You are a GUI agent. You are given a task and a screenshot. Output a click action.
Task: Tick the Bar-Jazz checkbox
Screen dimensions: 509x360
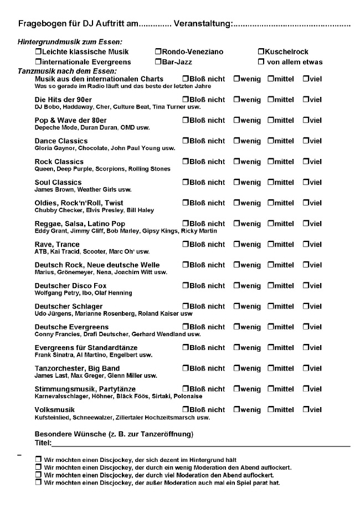click(158, 61)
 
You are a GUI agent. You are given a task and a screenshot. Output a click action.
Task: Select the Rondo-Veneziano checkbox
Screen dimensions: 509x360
click(158, 52)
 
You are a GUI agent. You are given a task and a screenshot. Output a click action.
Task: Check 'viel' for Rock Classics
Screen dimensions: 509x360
click(306, 162)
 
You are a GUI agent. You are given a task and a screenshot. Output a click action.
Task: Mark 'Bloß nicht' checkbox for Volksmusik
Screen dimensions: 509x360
click(186, 410)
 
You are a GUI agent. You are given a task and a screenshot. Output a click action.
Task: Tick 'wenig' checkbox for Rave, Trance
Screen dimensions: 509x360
click(236, 244)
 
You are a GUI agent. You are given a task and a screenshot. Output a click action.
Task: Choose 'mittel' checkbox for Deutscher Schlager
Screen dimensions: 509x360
click(270, 306)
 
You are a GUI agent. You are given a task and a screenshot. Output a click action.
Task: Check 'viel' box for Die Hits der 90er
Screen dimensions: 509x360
click(306, 100)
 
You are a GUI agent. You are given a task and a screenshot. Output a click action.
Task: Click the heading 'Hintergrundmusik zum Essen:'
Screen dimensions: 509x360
click(70, 42)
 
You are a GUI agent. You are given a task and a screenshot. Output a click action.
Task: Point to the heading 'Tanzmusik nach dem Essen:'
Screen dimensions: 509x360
click(67, 71)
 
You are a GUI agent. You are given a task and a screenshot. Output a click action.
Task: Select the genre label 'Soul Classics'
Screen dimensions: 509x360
click(58, 182)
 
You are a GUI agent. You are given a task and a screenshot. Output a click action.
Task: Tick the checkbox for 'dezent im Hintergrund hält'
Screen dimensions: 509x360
click(38, 460)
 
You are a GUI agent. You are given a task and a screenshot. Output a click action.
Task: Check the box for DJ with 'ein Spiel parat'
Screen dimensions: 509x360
click(38, 483)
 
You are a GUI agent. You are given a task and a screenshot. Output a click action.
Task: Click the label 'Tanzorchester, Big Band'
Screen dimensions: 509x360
click(77, 368)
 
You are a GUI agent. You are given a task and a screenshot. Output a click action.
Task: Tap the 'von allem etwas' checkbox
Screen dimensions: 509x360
click(261, 61)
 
